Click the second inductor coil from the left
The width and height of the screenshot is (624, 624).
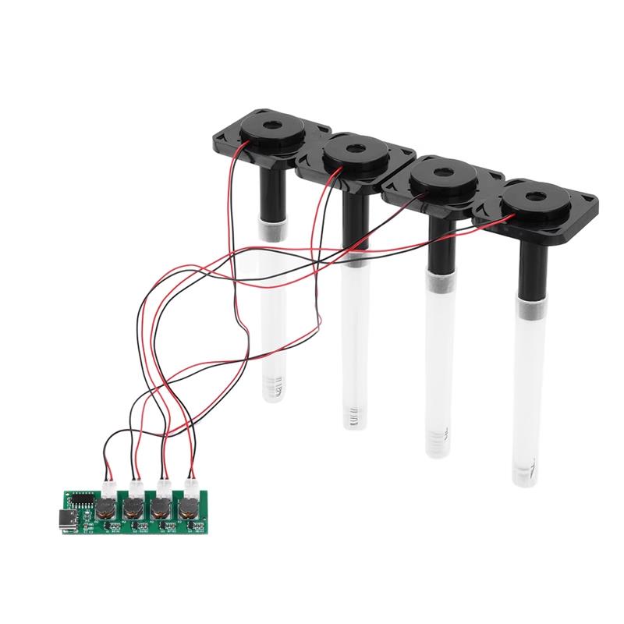(x=132, y=512)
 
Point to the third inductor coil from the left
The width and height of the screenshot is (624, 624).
(x=159, y=512)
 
